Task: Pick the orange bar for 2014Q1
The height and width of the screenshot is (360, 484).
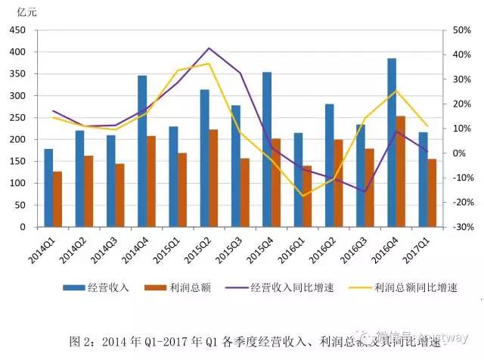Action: pos(57,200)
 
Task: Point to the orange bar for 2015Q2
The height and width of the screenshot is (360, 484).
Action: pos(213,178)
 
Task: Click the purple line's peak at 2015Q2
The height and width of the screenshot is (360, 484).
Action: pos(209,48)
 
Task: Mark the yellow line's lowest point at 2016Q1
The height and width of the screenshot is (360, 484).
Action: pos(303,196)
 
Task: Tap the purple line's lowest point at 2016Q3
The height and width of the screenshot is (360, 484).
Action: pos(365,191)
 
